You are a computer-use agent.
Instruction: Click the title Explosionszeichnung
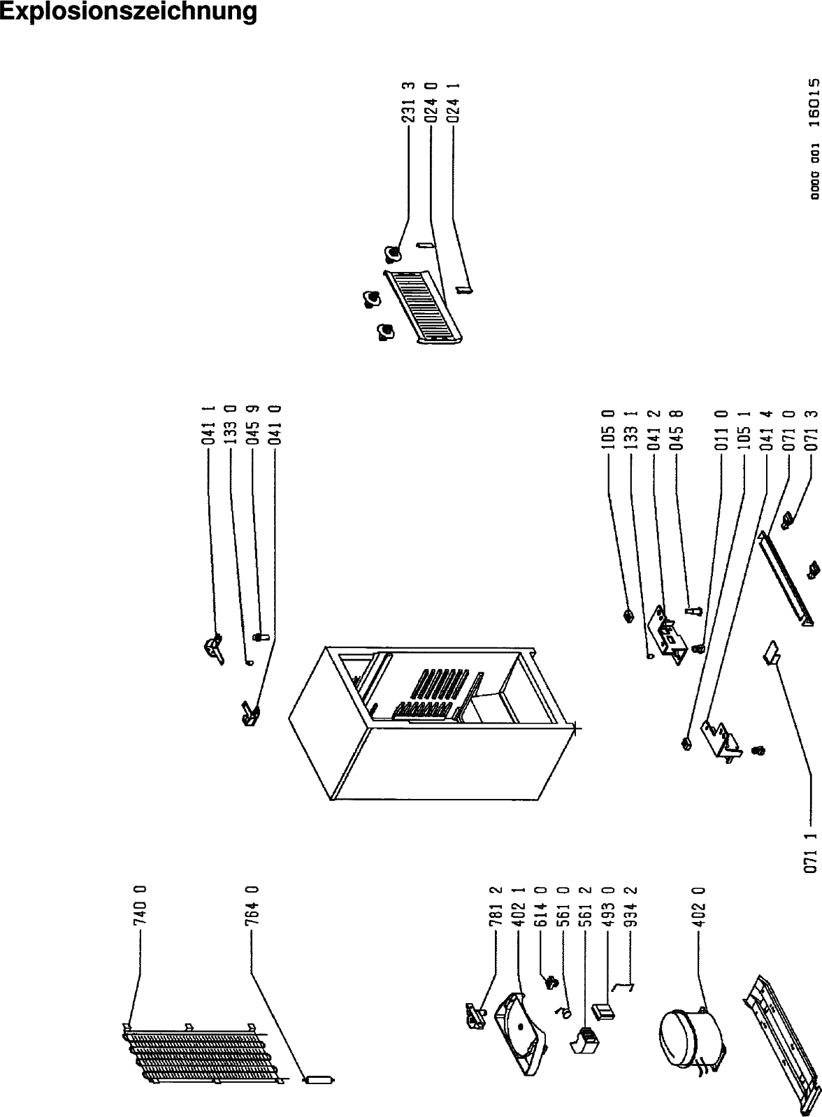(128, 12)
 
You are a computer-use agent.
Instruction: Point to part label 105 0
(608, 429)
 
